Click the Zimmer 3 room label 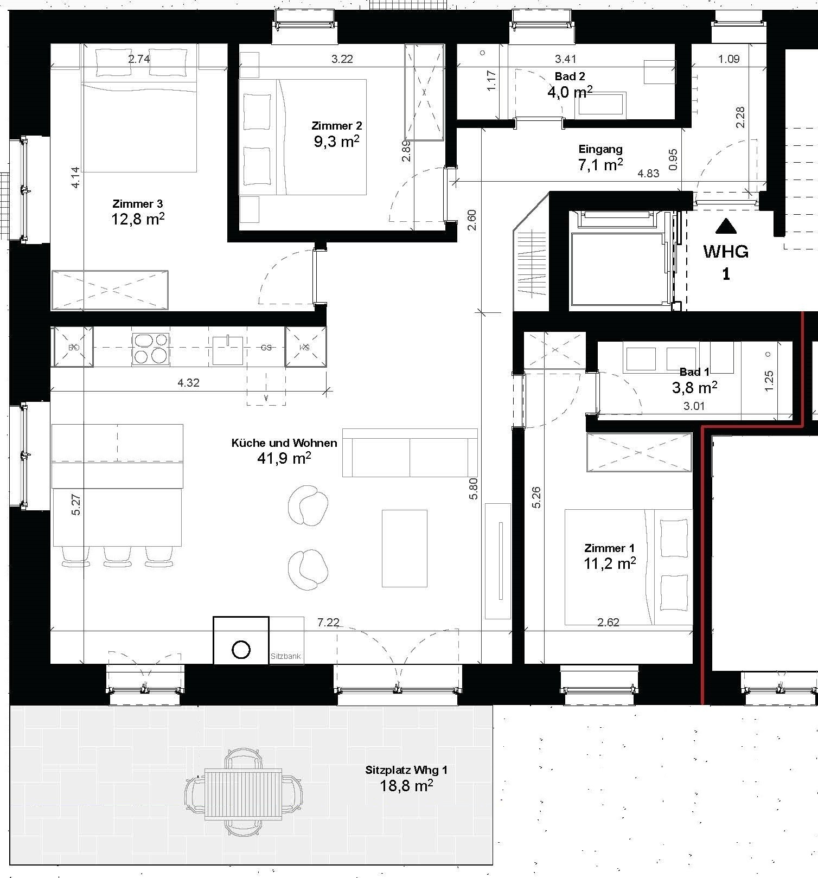[138, 204]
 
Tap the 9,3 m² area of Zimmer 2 [337, 142]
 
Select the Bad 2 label [570, 76]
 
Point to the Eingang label [600, 149]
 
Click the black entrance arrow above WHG [726, 226]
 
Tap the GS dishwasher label [266, 348]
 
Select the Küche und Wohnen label [284, 443]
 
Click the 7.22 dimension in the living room [328, 623]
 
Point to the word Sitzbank [285, 656]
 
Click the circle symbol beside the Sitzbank [241, 649]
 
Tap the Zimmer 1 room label [609, 548]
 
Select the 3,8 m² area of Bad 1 [694, 387]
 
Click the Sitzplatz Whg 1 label [406, 770]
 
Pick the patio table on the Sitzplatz [244, 794]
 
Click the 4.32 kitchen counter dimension [188, 383]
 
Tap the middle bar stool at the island [117, 556]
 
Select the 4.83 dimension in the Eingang [648, 174]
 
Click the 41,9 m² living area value [284, 458]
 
